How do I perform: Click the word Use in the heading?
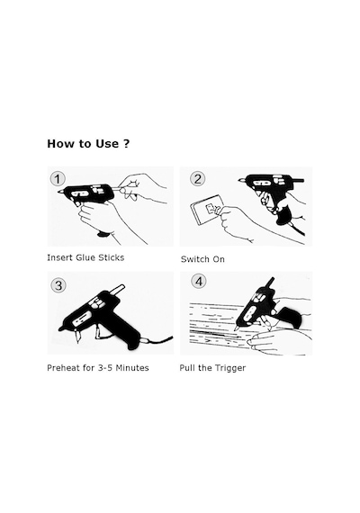pyautogui.click(x=107, y=144)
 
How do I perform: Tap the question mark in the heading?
pyautogui.click(x=127, y=144)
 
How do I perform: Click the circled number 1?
pyautogui.click(x=58, y=179)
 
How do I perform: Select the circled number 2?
pyautogui.click(x=197, y=179)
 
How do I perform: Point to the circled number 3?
pyautogui.click(x=58, y=285)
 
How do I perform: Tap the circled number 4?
pyautogui.click(x=199, y=282)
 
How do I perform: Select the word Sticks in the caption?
pyautogui.click(x=112, y=257)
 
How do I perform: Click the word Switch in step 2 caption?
pyautogui.click(x=195, y=259)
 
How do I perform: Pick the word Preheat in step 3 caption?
pyautogui.click(x=63, y=368)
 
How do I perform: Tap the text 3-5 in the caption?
pyautogui.click(x=105, y=368)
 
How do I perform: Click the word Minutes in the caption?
pyautogui.click(x=132, y=368)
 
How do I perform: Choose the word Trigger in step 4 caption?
pyautogui.click(x=230, y=368)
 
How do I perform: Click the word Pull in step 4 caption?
pyautogui.click(x=186, y=368)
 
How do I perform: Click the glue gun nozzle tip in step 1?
pyautogui.click(x=59, y=192)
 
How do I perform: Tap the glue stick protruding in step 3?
pyautogui.click(x=119, y=290)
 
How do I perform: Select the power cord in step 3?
pyautogui.click(x=157, y=340)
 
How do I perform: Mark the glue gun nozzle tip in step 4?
pyautogui.click(x=236, y=328)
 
